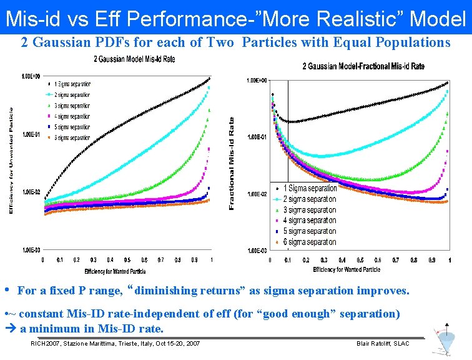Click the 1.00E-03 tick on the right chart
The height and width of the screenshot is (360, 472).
click(x=257, y=251)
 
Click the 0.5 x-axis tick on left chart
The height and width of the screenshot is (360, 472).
click(x=127, y=259)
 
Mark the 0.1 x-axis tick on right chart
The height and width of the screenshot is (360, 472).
click(x=288, y=260)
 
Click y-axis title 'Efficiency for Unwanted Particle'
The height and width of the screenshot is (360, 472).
click(x=11, y=159)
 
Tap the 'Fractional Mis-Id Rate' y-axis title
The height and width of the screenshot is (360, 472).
click(x=232, y=164)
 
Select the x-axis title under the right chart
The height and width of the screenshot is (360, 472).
click(x=347, y=269)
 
